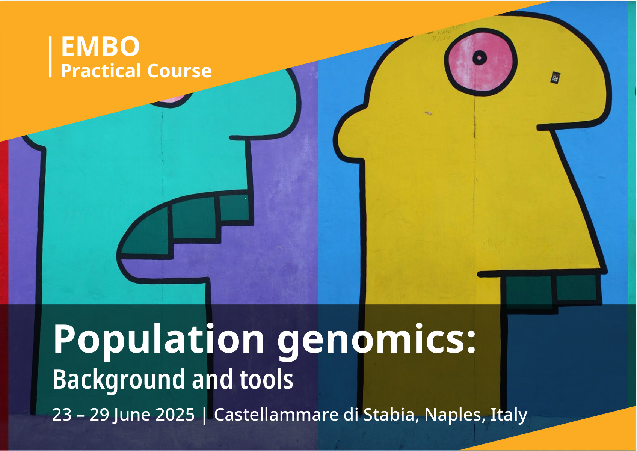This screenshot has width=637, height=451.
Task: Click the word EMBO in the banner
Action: tap(100, 46)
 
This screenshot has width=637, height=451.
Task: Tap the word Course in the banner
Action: tap(180, 71)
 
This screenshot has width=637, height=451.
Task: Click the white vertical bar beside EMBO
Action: tap(50, 57)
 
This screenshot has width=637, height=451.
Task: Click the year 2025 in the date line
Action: tap(175, 415)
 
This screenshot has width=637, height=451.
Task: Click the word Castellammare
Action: tap(276, 415)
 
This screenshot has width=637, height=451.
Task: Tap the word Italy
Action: tap(509, 415)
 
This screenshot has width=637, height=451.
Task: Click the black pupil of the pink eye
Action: tap(480, 58)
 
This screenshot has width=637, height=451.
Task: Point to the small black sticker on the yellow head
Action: tap(555, 78)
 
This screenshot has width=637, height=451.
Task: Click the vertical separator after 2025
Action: tap(204, 416)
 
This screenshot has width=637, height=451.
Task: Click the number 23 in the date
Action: tap(62, 415)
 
